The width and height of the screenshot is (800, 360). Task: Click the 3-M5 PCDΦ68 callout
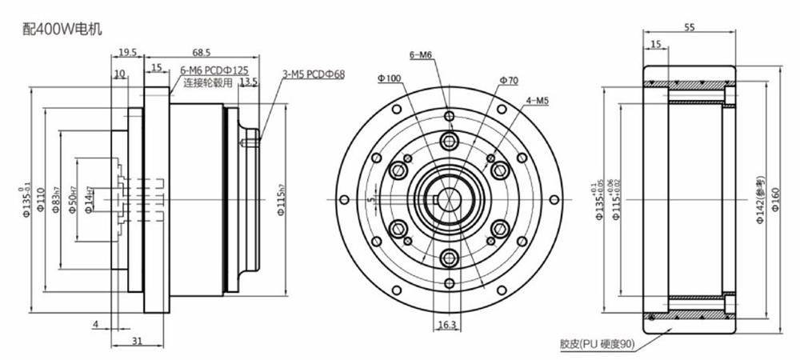(312, 74)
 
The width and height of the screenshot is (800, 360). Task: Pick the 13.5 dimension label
(248, 82)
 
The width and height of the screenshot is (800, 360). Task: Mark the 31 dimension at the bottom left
(137, 341)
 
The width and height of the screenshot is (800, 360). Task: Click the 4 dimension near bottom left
(94, 324)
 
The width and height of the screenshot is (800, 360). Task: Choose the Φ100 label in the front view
(389, 78)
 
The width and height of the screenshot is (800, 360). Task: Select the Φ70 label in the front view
(508, 80)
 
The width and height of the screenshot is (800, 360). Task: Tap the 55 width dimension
(689, 27)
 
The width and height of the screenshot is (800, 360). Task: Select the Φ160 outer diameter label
(774, 198)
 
